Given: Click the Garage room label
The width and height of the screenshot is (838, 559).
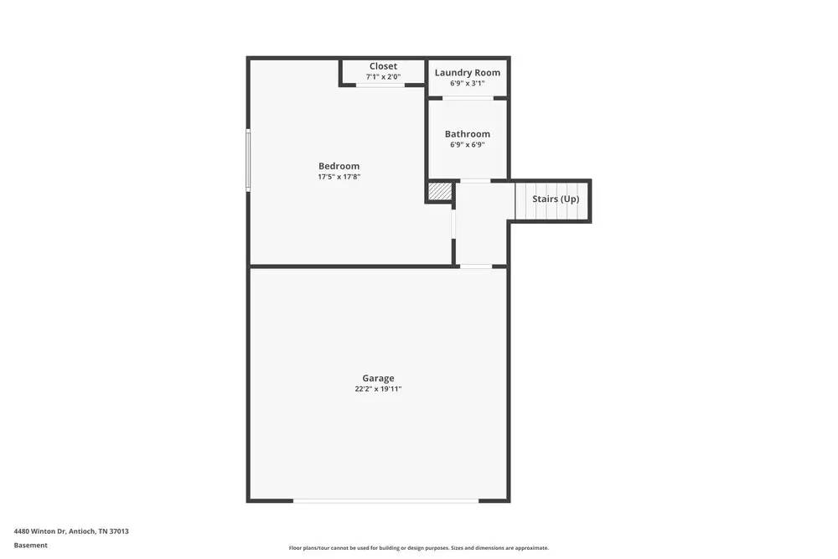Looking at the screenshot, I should click(x=378, y=378).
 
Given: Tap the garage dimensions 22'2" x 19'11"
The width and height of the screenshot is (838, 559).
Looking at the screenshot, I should click(x=378, y=389).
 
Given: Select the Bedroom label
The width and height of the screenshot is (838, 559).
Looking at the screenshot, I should click(x=339, y=166).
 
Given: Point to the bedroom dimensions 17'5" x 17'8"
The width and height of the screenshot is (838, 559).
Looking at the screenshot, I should click(x=339, y=177).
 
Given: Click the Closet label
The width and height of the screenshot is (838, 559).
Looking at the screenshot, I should click(x=383, y=66).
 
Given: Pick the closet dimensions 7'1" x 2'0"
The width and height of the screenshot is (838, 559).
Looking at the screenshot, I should click(x=383, y=77).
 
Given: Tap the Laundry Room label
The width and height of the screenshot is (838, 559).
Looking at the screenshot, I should click(x=467, y=73).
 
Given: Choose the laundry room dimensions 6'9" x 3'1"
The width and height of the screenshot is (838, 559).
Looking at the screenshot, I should click(x=467, y=84).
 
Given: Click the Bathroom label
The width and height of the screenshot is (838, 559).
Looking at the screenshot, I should click(x=467, y=134).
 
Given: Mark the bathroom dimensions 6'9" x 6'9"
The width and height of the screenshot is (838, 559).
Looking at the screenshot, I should click(x=467, y=145).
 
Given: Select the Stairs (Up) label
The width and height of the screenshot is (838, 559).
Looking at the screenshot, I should click(x=556, y=199).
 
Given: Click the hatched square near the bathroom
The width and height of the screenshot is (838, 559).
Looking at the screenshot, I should click(x=440, y=191).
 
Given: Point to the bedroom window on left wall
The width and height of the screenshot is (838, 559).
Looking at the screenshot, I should click(x=248, y=159).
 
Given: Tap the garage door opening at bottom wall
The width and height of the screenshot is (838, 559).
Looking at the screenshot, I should click(x=385, y=500).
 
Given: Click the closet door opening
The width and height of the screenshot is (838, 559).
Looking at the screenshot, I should click(x=380, y=85).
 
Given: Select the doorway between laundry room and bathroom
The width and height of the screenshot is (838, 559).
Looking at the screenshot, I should click(x=468, y=98).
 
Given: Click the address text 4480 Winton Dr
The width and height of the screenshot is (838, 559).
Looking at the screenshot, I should click(x=71, y=531).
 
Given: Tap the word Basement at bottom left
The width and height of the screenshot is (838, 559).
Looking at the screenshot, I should click(x=31, y=546).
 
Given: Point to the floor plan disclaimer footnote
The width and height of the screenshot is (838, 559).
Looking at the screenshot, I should click(x=419, y=548).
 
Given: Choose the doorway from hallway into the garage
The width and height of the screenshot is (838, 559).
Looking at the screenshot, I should click(x=475, y=267).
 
